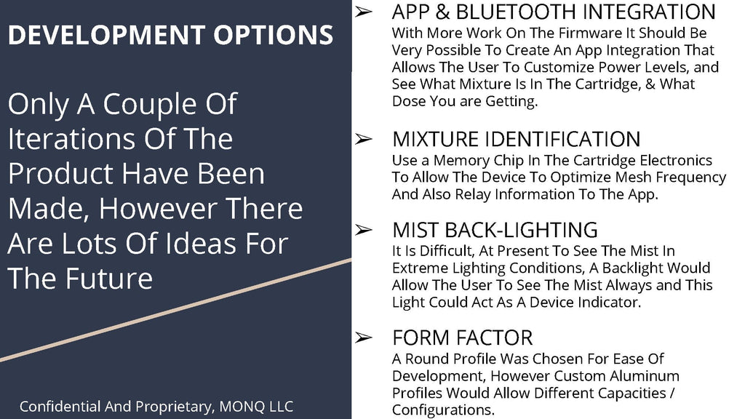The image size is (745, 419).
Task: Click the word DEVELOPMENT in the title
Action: pyautogui.click(x=107, y=35)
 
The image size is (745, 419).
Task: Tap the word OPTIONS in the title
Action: pyautogui.click(x=274, y=35)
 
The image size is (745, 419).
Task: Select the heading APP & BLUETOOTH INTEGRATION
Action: pyautogui.click(x=554, y=12)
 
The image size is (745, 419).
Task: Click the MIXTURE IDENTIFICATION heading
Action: pyautogui.click(x=517, y=139)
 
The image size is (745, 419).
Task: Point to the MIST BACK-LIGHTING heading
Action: pyautogui.click(x=495, y=230)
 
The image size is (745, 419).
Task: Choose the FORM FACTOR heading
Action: pyautogui.click(x=462, y=338)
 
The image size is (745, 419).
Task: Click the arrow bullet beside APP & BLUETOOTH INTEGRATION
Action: pyautogui.click(x=364, y=12)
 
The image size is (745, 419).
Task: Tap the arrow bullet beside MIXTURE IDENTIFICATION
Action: pyautogui.click(x=364, y=139)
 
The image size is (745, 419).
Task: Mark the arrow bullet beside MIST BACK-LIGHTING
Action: pyautogui.click(x=364, y=230)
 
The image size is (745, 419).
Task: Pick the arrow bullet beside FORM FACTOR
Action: pyautogui.click(x=364, y=338)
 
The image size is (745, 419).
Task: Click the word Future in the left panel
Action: pyautogui.click(x=109, y=278)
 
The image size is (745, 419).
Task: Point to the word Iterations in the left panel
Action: pyautogui.click(x=72, y=139)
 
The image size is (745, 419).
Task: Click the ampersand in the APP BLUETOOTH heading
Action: pyautogui.click(x=442, y=12)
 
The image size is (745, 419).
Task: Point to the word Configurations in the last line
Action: pyautogui.click(x=443, y=410)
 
